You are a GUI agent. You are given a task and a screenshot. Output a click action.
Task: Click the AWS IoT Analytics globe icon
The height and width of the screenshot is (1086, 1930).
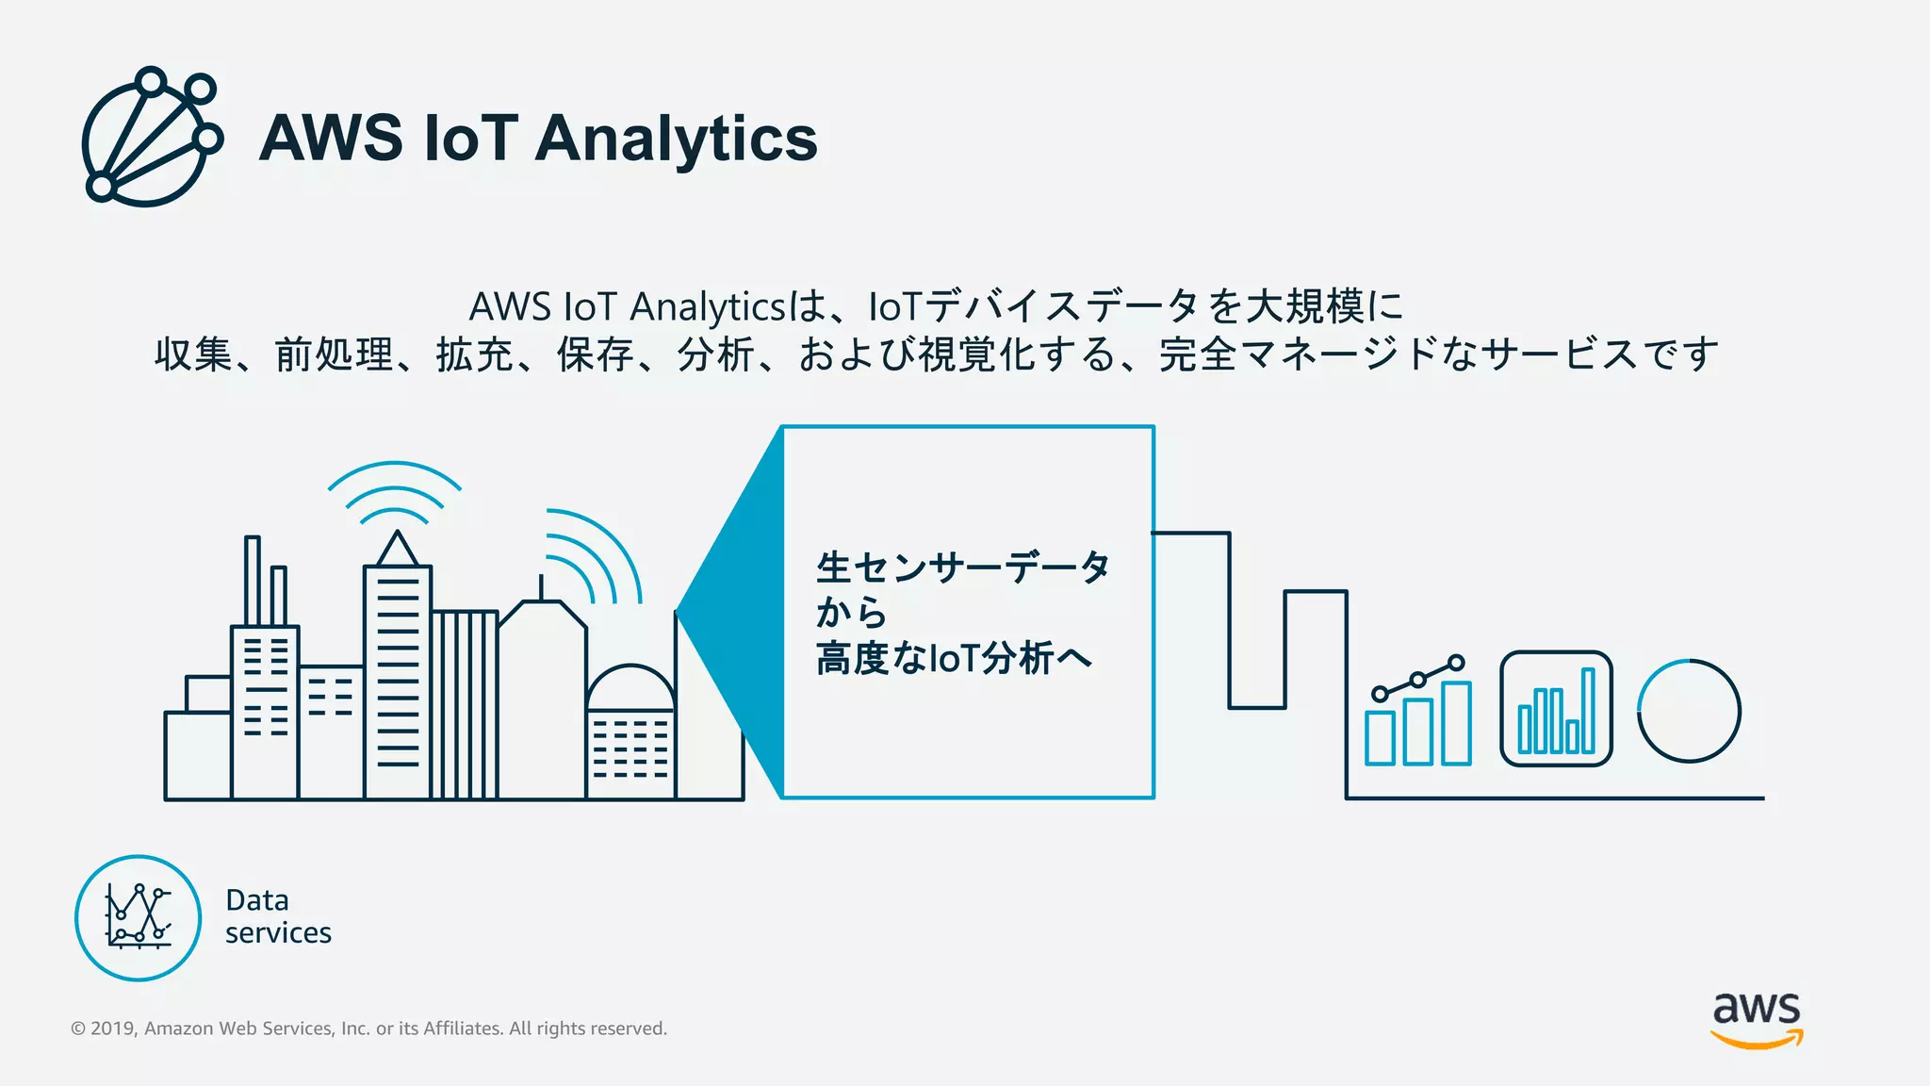(151, 138)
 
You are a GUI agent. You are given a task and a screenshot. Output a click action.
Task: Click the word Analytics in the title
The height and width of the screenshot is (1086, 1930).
(676, 139)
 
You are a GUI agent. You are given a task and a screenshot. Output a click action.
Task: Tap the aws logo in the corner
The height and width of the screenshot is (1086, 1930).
(1756, 1018)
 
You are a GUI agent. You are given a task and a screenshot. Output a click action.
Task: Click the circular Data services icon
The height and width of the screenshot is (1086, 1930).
(138, 917)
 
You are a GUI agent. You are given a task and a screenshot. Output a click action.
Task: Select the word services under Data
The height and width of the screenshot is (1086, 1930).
(278, 933)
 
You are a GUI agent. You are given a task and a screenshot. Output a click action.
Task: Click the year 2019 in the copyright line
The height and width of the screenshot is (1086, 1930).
(113, 1028)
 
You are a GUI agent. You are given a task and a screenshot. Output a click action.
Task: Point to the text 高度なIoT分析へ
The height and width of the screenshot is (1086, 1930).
(954, 657)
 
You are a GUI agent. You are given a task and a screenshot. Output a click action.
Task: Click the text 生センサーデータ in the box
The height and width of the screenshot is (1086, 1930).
(962, 568)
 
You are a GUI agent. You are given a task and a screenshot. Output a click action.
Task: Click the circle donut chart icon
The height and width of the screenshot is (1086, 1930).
(1689, 711)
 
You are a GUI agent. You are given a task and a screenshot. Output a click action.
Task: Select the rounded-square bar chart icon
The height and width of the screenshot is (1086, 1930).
(1556, 709)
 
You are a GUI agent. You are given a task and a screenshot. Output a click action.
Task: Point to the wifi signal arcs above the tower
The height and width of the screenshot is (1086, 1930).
(394, 490)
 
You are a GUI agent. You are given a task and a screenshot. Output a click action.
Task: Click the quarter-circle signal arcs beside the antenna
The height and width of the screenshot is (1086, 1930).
(594, 556)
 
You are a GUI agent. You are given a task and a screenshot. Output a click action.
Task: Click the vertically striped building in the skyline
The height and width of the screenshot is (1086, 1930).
(464, 704)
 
